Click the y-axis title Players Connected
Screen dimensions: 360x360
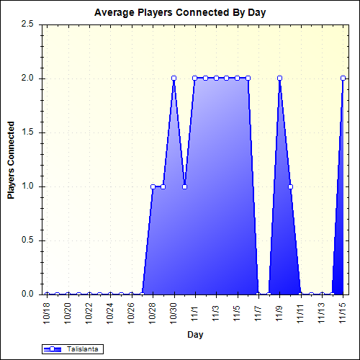[x=11, y=159]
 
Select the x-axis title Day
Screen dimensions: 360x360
[x=195, y=335]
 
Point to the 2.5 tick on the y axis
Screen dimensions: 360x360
[x=28, y=24]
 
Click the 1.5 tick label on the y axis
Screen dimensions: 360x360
[x=28, y=132]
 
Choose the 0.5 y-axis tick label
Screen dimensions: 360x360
[x=28, y=240]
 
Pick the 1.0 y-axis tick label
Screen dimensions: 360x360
[x=28, y=186]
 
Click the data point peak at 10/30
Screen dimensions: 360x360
[x=174, y=78]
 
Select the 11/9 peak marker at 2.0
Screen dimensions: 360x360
[x=279, y=78]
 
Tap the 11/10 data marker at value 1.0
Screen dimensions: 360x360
[x=290, y=186]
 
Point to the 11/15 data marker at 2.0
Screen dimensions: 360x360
[x=343, y=78]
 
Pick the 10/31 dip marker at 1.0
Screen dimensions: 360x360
[x=184, y=186]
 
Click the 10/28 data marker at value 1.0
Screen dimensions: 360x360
[x=153, y=186]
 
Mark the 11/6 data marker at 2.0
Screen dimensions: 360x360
[x=248, y=78]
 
